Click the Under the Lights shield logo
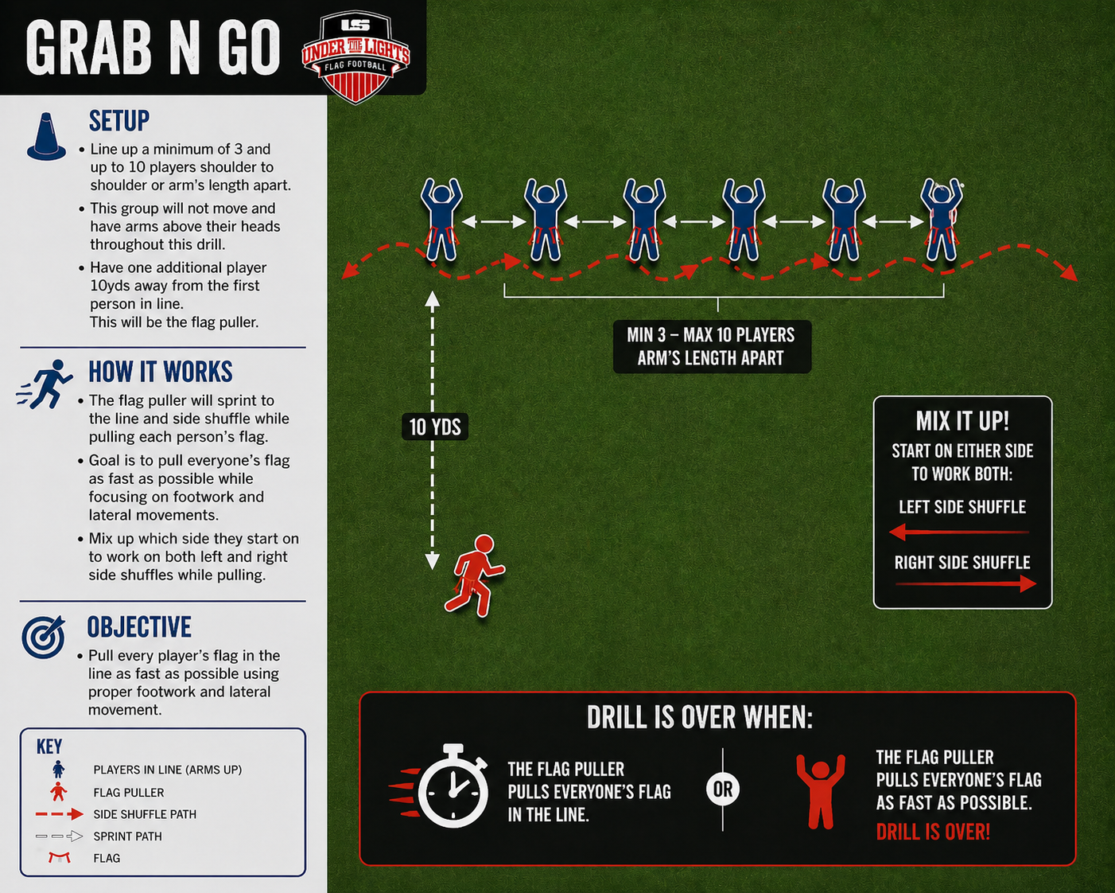[x=355, y=56]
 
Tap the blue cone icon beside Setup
[x=47, y=136]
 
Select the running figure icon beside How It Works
[x=45, y=384]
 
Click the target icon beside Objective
[x=44, y=637]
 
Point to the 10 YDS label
[x=435, y=427]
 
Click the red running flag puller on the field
[x=475, y=575]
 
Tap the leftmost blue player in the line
[x=441, y=220]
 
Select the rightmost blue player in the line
[x=942, y=220]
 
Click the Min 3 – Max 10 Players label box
[x=712, y=346]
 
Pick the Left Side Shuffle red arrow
[x=959, y=532]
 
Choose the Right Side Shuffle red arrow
[x=965, y=584]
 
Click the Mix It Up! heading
[x=962, y=420]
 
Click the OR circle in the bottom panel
[x=723, y=790]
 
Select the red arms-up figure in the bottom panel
[x=821, y=791]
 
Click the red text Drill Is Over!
[x=933, y=832]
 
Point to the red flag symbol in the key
[x=60, y=858]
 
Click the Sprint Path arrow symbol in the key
[x=59, y=836]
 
